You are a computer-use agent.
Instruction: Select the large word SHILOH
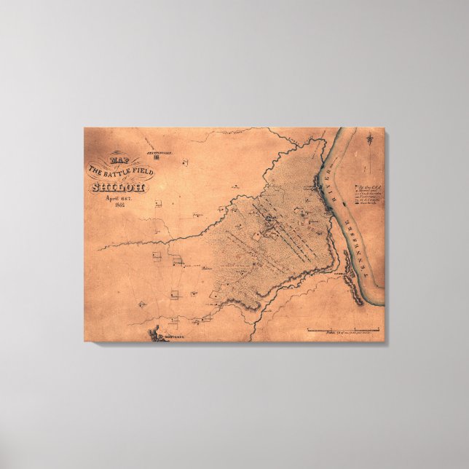[x=118, y=187]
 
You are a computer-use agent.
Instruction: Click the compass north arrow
[x=371, y=138]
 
